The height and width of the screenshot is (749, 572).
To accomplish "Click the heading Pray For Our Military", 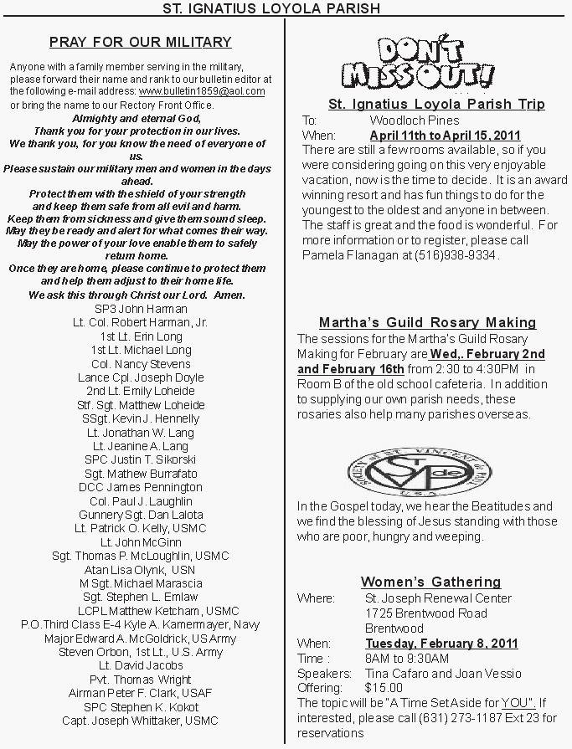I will pos(140,42).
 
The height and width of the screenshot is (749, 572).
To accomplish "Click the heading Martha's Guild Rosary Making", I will pos(427,322).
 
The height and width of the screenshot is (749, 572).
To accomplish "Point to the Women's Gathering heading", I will pos(430,582).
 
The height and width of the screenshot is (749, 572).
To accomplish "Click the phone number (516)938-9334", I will pos(461,254).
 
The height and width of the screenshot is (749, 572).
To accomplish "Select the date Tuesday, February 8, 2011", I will pos(441,644).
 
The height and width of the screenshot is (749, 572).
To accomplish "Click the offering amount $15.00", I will pos(384,688).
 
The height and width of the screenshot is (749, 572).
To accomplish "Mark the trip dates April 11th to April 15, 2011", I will pos(445,135).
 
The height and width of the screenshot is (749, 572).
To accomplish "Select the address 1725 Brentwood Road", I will pos(425,613).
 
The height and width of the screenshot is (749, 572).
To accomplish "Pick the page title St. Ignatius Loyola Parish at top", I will pos(285,8).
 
